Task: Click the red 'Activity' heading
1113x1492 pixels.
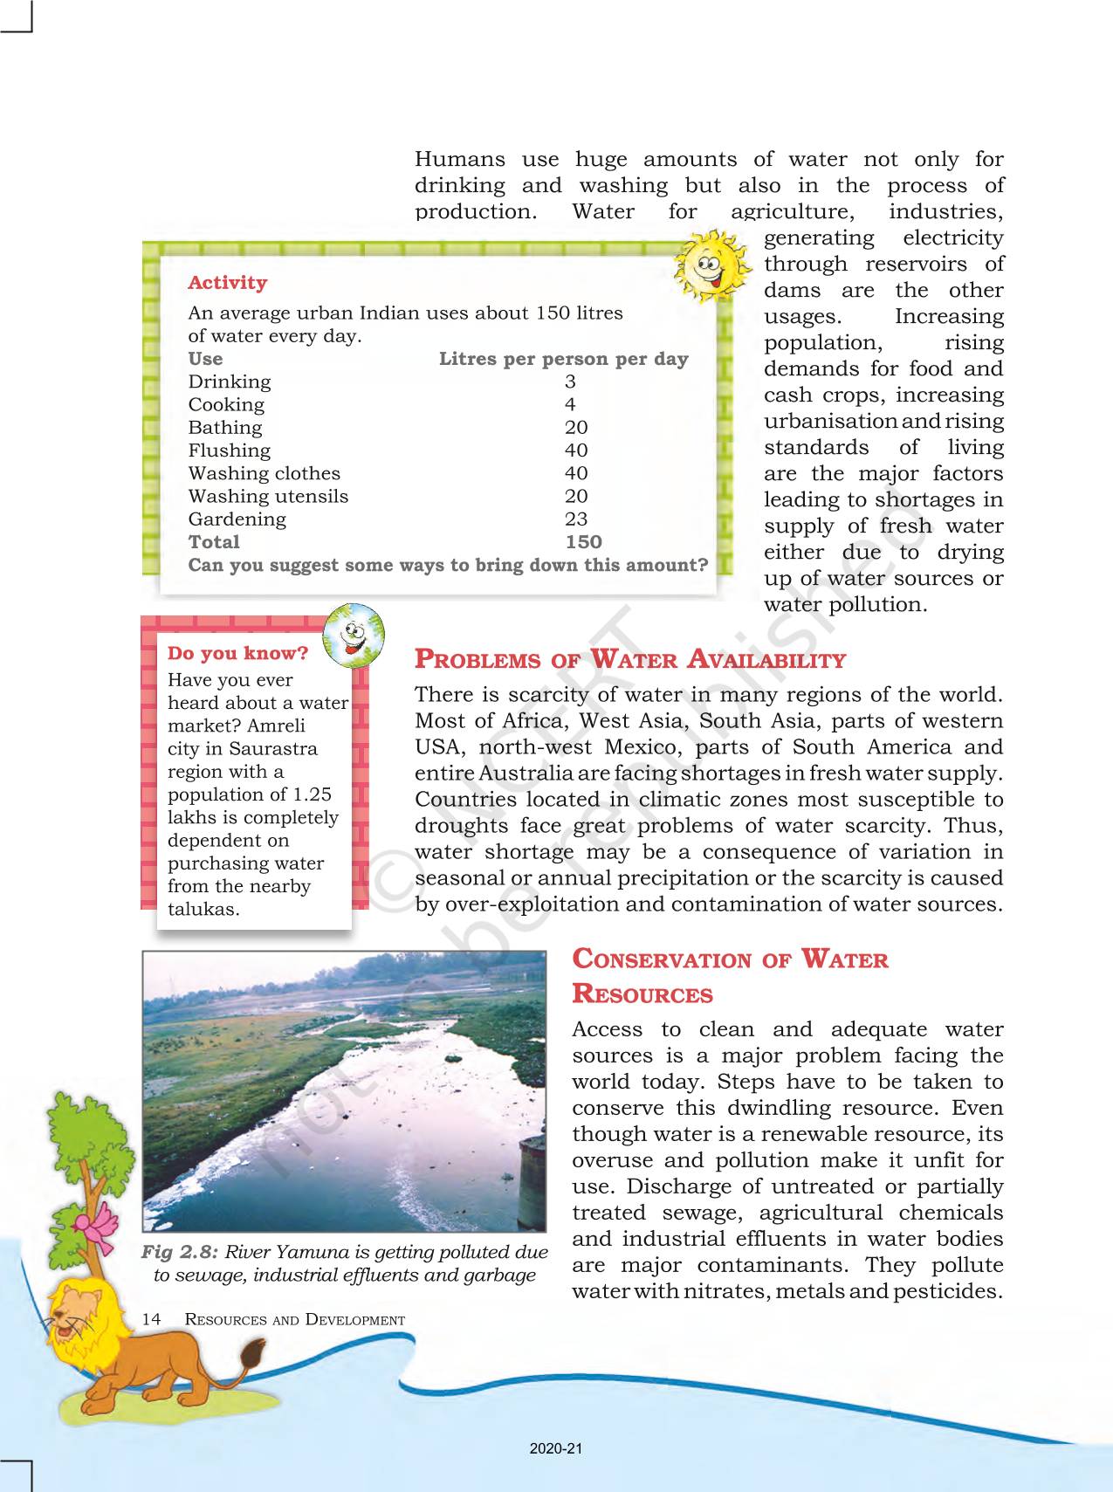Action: pyautogui.click(x=227, y=283)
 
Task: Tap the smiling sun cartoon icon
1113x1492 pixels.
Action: pyautogui.click(x=711, y=265)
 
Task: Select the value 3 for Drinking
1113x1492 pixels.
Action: pyautogui.click(x=570, y=382)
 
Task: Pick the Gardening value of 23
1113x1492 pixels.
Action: pyautogui.click(x=576, y=519)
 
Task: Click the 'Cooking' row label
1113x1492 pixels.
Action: pyautogui.click(x=226, y=404)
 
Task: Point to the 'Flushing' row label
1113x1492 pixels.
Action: pyautogui.click(x=230, y=450)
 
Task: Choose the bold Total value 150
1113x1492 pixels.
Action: pyautogui.click(x=583, y=541)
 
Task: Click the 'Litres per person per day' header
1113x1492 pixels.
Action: pyautogui.click(x=563, y=359)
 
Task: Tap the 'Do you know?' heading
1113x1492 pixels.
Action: pyautogui.click(x=237, y=653)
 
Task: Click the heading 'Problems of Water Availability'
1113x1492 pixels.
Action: pyautogui.click(x=629, y=659)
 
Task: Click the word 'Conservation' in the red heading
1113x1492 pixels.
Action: pyautogui.click(x=662, y=959)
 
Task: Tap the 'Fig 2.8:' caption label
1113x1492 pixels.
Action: pyautogui.click(x=179, y=1252)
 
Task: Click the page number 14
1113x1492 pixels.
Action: pyautogui.click(x=151, y=1319)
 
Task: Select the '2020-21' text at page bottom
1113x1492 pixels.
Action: pyautogui.click(x=556, y=1448)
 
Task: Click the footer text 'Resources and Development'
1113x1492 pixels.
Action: pyautogui.click(x=295, y=1319)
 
